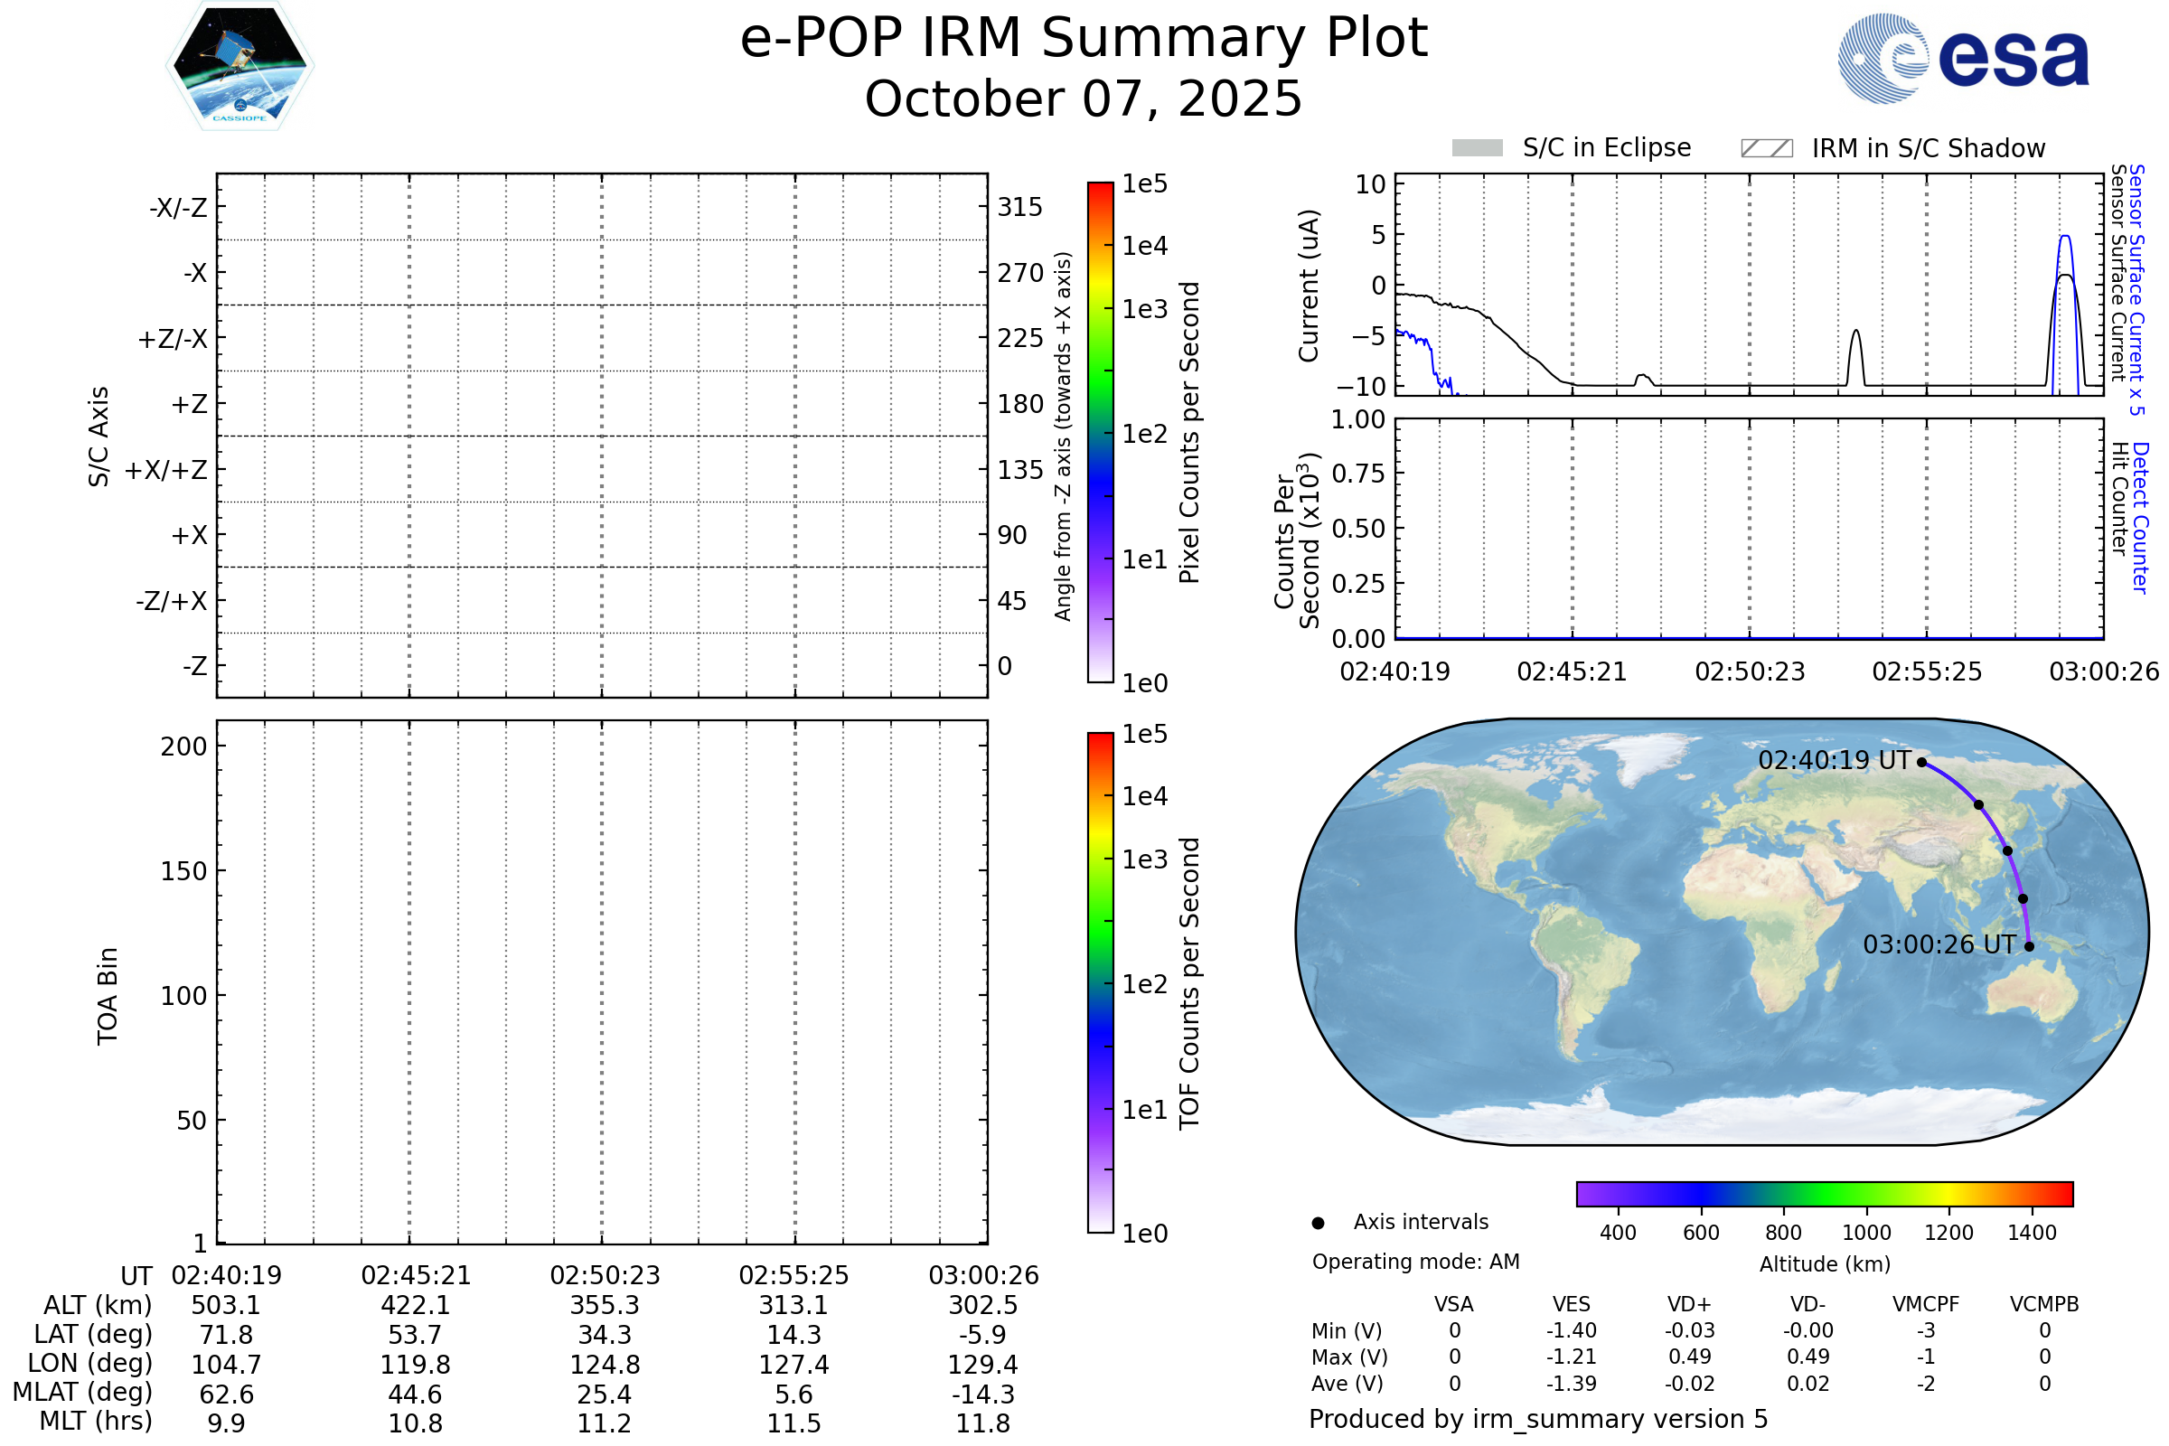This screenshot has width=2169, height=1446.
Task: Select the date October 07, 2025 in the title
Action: pyautogui.click(x=1084, y=99)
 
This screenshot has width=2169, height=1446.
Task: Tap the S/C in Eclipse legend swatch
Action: pyautogui.click(x=1477, y=148)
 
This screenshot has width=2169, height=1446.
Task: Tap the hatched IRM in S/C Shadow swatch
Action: pyautogui.click(x=1766, y=148)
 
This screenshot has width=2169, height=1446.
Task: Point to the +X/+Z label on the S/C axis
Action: pyautogui.click(x=166, y=470)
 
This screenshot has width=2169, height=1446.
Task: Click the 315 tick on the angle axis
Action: pyautogui.click(x=1020, y=207)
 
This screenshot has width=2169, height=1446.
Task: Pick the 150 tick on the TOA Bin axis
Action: pyautogui.click(x=183, y=871)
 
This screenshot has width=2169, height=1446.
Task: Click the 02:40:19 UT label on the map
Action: pyautogui.click(x=1835, y=761)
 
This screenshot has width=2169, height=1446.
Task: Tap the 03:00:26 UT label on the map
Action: pyautogui.click(x=1939, y=945)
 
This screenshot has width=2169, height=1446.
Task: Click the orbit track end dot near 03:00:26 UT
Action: pyautogui.click(x=2029, y=946)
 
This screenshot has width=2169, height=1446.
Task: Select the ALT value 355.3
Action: pyautogui.click(x=604, y=1306)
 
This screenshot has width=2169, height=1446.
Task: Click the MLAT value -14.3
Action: pyautogui.click(x=983, y=1394)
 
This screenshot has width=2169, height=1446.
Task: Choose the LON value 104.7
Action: pyautogui.click(x=226, y=1365)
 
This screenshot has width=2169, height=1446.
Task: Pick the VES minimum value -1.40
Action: pyautogui.click(x=1572, y=1330)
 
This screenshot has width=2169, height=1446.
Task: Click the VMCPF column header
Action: pyautogui.click(x=1926, y=1305)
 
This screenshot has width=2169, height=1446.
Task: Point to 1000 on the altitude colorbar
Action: pyautogui.click(x=1866, y=1233)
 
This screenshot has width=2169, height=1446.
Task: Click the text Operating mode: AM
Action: pyautogui.click(x=1415, y=1262)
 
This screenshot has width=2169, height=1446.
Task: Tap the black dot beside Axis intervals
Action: pyautogui.click(x=1318, y=1223)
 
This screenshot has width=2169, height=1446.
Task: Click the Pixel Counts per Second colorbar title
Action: pyautogui.click(x=1189, y=433)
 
